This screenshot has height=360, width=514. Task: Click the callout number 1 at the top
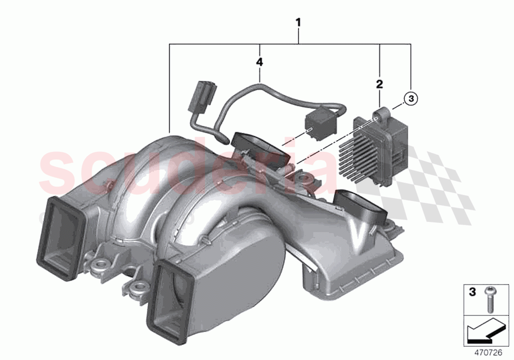(298, 23)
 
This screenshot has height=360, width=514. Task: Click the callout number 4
(259, 62)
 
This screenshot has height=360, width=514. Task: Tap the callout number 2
(379, 84)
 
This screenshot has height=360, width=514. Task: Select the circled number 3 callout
(411, 98)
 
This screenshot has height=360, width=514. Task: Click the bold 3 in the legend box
(472, 292)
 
